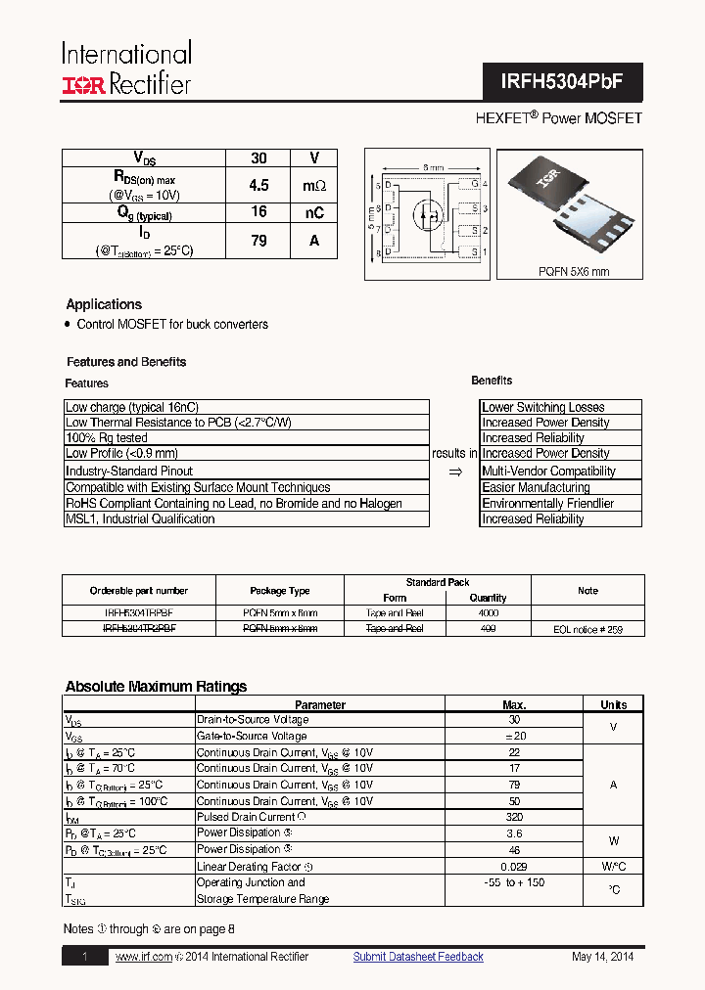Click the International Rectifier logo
[x=126, y=68]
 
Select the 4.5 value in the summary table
[x=258, y=185]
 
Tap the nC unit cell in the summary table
[x=313, y=212]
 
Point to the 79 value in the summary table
[x=258, y=240]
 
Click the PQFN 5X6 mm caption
[x=573, y=272]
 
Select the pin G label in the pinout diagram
[x=474, y=184]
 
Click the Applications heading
[x=104, y=304]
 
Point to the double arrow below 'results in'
[x=454, y=472]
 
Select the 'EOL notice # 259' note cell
[x=587, y=629]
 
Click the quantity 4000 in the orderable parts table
[x=488, y=612]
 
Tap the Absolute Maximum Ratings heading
[x=156, y=687]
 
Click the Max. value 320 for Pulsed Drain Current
[x=514, y=817]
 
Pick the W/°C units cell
[x=613, y=866]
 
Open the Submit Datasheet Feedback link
[x=418, y=957]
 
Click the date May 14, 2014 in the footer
[x=603, y=957]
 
